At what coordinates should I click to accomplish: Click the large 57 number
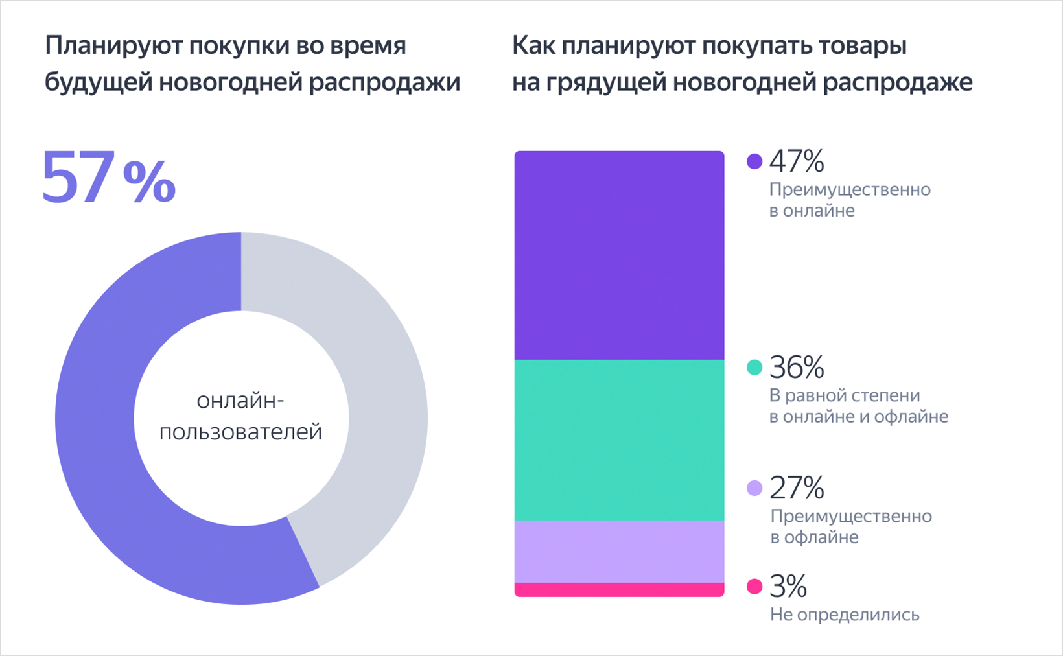79,177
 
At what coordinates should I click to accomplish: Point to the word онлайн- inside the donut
240,401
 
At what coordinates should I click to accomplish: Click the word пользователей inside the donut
240,432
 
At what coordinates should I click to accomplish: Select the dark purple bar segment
619,255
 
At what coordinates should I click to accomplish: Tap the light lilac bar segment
619,551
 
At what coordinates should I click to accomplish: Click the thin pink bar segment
619,589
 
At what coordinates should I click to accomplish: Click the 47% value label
797,161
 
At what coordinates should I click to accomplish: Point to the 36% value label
797,368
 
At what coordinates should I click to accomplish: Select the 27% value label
797,488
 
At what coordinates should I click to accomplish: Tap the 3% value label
788,587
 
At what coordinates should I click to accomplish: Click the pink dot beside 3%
754,587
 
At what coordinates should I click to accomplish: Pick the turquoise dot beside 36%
754,368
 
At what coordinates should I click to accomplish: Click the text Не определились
845,615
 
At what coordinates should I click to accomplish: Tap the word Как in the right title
533,46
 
